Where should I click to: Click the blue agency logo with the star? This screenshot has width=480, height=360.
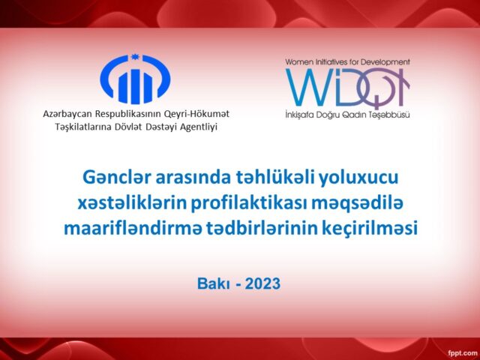pos(135,79)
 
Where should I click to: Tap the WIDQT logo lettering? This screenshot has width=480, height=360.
pos(346,88)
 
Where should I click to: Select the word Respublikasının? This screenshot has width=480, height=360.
pos(131,113)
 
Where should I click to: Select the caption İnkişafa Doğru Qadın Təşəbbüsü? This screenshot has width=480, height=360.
pos(347,115)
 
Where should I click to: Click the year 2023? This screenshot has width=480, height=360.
pos(259,283)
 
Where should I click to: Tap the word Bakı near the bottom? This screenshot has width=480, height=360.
pos(211,283)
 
